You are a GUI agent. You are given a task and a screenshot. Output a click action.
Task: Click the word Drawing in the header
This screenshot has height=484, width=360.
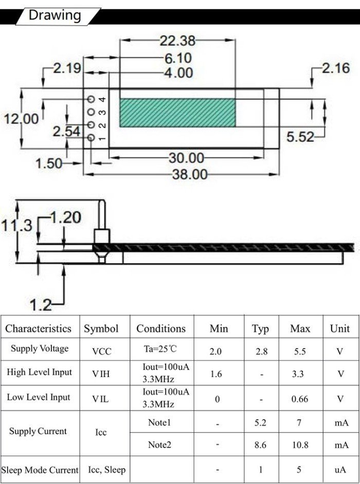pyautogui.click(x=55, y=15)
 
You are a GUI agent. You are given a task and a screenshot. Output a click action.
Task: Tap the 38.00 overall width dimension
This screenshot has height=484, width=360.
pyautogui.click(x=189, y=174)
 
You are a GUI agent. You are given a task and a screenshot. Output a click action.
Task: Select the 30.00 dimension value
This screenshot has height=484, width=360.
pyautogui.click(x=186, y=158)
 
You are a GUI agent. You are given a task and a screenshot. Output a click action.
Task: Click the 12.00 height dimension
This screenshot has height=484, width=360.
pyautogui.click(x=22, y=119)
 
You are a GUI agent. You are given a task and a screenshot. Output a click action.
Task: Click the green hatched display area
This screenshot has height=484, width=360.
pyautogui.click(x=177, y=113)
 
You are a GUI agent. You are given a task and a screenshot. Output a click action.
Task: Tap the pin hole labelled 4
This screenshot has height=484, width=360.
pyautogui.click(x=91, y=99)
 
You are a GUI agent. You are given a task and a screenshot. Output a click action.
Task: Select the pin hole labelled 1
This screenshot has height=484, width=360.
pyautogui.click(x=91, y=138)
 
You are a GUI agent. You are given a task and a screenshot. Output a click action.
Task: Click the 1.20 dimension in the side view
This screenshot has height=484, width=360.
pyautogui.click(x=65, y=218)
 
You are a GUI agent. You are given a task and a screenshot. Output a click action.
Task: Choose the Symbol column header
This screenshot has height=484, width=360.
pyautogui.click(x=101, y=328)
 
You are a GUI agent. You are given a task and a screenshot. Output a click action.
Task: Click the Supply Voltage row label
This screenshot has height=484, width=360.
pyautogui.click(x=40, y=349)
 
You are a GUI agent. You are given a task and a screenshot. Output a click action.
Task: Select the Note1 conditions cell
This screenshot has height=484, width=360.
pyautogui.click(x=159, y=423)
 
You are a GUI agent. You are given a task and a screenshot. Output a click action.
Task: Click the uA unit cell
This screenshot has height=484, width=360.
pyautogui.click(x=340, y=470)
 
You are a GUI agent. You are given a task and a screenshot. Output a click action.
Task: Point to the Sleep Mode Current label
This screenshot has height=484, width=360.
pyautogui.click(x=40, y=470)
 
